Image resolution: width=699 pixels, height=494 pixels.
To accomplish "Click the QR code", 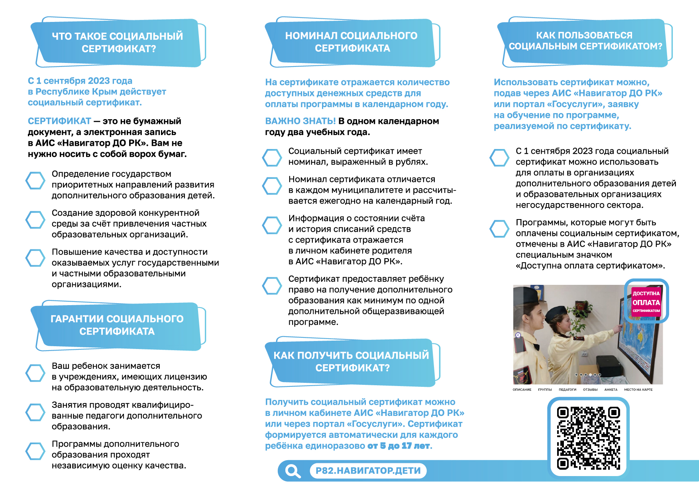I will click(x=588, y=438).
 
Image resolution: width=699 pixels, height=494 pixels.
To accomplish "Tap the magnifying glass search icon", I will click(x=293, y=471).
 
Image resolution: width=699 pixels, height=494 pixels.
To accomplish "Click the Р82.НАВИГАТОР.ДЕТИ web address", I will click(x=368, y=471).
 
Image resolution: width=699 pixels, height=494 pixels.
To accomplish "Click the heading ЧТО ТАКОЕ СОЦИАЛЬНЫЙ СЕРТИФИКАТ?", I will click(x=118, y=42).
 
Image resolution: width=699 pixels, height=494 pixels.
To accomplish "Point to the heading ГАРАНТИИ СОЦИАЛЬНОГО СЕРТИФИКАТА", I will click(x=117, y=325).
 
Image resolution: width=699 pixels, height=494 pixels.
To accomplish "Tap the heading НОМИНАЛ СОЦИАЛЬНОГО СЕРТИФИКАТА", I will click(x=351, y=42).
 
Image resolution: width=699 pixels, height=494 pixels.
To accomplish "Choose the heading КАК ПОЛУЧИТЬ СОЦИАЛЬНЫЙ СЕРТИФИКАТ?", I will click(x=351, y=361).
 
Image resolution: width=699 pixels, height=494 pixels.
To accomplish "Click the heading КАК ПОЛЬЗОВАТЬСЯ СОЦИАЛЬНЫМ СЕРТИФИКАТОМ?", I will click(x=585, y=41).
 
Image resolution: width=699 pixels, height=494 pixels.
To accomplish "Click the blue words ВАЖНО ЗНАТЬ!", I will click(x=300, y=121).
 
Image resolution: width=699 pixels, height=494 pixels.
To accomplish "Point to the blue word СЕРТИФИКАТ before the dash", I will click(x=59, y=121).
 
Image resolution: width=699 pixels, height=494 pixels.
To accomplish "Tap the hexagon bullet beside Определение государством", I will click(x=35, y=180).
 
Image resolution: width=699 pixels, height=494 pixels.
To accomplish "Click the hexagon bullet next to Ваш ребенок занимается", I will click(x=35, y=373).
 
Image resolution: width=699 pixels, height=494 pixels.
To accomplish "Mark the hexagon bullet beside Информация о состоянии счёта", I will click(x=272, y=225).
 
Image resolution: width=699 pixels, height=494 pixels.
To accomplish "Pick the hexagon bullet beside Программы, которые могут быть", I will click(x=499, y=229).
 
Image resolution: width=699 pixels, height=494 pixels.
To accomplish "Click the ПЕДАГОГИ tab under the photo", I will click(x=567, y=390).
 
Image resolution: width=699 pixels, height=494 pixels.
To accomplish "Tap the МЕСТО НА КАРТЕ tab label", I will click(x=638, y=390).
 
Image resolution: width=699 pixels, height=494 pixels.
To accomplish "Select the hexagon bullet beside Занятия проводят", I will click(x=35, y=412).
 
